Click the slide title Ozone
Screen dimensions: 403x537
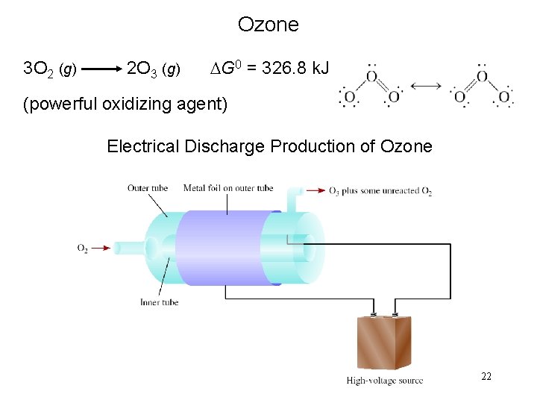pyautogui.click(x=268, y=25)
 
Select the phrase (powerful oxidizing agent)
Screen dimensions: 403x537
pyautogui.click(x=125, y=104)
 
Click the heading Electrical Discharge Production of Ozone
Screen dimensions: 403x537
pyautogui.click(x=269, y=146)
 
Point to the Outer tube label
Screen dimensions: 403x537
pyautogui.click(x=147, y=188)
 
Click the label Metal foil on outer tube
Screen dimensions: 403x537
pyautogui.click(x=228, y=188)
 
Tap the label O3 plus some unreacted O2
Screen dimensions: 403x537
pyautogui.click(x=380, y=191)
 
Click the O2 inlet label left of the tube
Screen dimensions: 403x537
pyautogui.click(x=82, y=248)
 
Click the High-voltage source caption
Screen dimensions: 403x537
pyautogui.click(x=384, y=381)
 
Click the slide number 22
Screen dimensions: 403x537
pyautogui.click(x=486, y=377)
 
